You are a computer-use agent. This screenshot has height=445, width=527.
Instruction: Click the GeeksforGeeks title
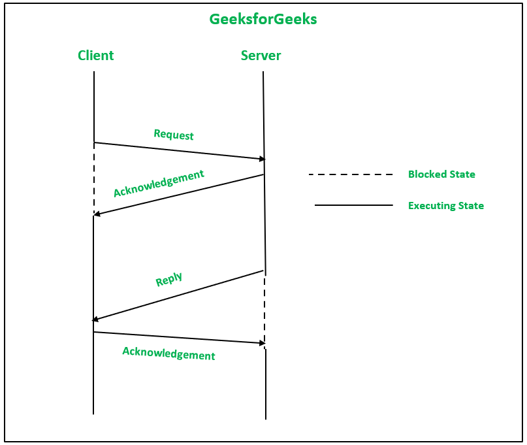coord(263,20)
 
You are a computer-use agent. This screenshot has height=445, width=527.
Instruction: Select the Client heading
coord(95,56)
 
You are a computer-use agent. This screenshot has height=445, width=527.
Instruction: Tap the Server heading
coord(261,56)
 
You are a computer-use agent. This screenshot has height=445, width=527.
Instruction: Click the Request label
coord(174,135)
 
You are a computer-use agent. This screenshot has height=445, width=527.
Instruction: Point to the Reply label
coord(168,280)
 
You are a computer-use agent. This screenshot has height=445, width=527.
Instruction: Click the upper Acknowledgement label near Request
coord(159,184)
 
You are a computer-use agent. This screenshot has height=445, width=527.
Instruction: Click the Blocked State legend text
coord(441,174)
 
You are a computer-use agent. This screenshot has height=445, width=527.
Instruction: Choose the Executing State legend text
coord(446,206)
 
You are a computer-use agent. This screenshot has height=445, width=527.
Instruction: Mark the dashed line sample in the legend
coord(351,174)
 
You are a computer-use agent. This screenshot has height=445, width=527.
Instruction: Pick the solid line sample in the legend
coord(353,205)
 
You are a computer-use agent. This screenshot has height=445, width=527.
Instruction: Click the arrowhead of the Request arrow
coord(263,159)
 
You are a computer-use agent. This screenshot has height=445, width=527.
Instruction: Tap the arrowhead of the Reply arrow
coord(95,320)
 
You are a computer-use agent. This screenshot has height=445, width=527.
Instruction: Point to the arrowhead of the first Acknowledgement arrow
coord(97,214)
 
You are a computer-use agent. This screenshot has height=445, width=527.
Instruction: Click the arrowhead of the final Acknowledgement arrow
coord(263,342)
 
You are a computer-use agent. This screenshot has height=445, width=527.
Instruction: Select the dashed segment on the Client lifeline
coord(94,178)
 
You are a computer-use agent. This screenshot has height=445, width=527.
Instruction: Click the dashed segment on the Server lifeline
coord(264,310)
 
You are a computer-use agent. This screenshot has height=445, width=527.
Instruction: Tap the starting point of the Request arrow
coord(94,142)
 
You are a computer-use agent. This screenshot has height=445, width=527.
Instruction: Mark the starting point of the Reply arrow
coord(264,271)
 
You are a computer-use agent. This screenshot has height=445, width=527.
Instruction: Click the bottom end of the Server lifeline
coord(265,418)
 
